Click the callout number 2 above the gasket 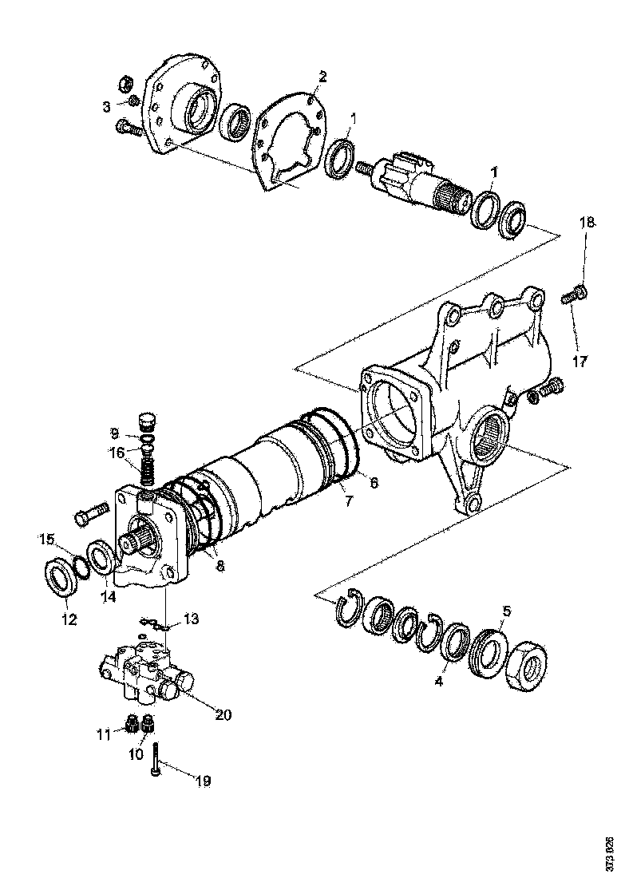322,77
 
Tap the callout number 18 587,223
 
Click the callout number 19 203,781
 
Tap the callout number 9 115,434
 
